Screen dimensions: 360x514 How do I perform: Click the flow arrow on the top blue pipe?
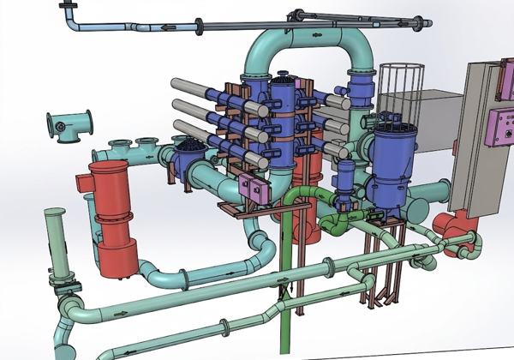(163, 27)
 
